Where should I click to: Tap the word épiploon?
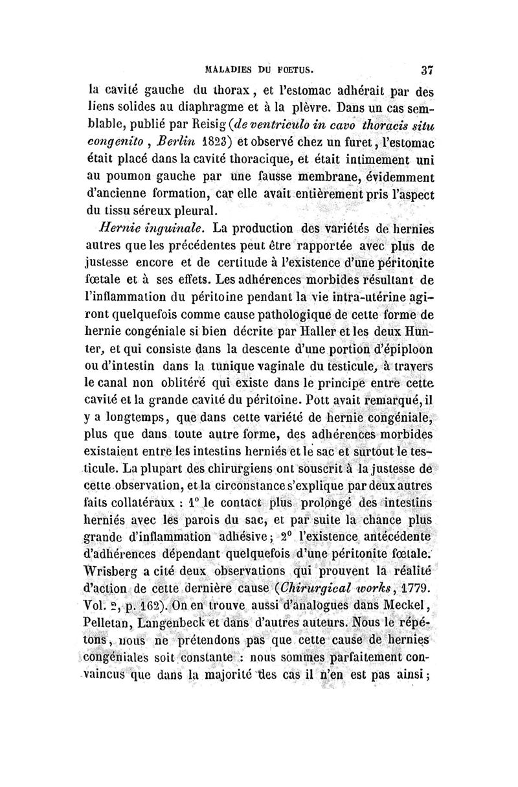pyautogui.click(x=400, y=354)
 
